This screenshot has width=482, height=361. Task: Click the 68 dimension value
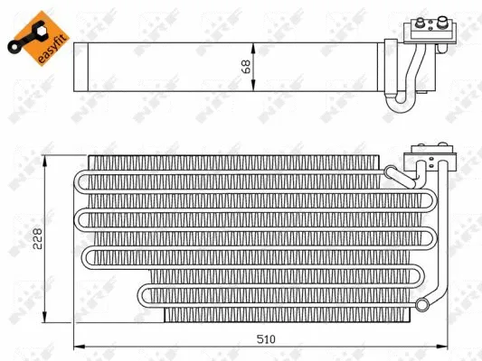click(245, 67)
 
